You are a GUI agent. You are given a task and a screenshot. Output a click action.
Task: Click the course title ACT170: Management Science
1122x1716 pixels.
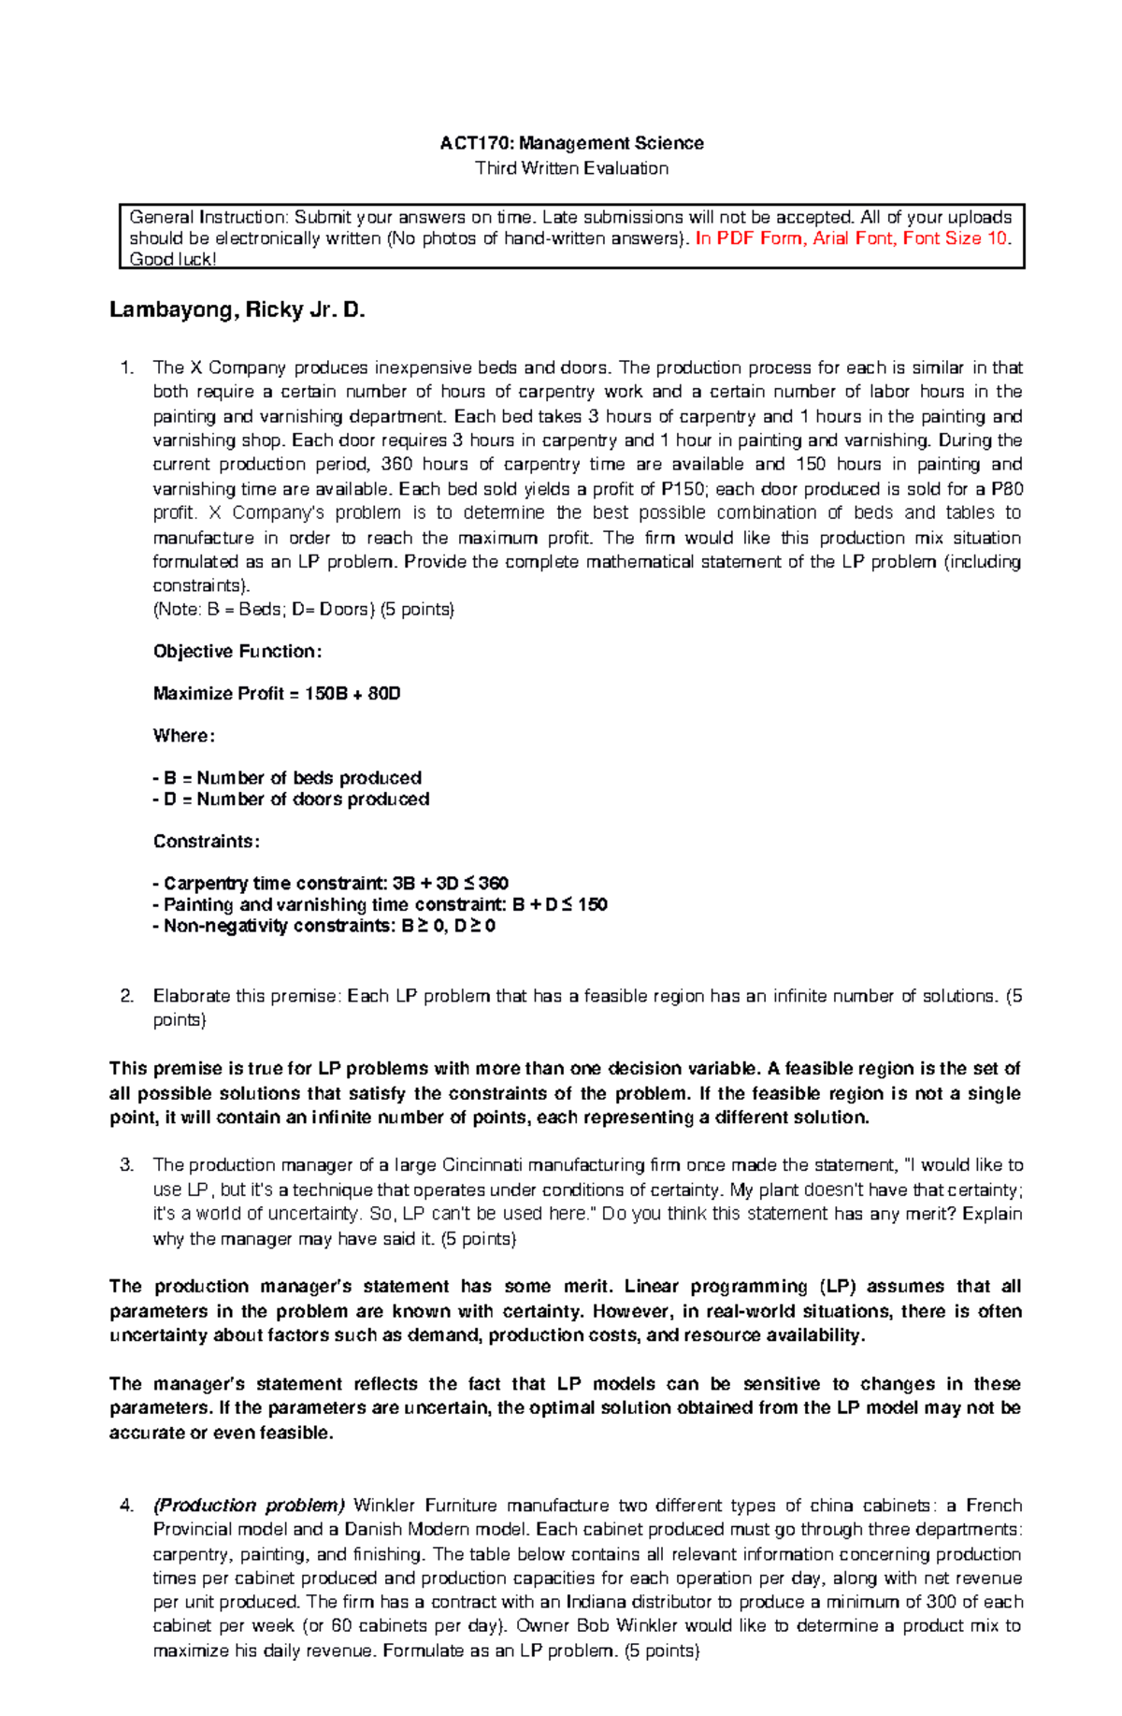(571, 143)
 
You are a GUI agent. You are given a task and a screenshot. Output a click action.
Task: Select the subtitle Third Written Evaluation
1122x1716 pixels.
(571, 168)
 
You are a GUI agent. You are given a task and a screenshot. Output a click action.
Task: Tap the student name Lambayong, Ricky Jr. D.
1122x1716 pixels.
(237, 310)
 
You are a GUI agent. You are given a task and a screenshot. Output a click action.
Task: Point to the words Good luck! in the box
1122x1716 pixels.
(173, 260)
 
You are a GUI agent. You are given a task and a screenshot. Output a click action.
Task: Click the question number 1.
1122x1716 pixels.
(127, 368)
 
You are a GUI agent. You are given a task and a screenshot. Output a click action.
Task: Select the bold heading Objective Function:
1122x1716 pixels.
(237, 652)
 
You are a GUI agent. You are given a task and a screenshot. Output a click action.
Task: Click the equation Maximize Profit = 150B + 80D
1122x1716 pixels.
(277, 694)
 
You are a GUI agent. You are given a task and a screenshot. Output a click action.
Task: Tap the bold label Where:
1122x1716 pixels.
(184, 736)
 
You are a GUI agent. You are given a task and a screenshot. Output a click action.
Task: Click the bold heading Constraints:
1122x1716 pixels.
(206, 842)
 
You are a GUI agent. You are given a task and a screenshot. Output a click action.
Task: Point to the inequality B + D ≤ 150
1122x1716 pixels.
(560, 905)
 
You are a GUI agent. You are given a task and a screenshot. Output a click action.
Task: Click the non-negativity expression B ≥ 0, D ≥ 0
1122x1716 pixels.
(449, 927)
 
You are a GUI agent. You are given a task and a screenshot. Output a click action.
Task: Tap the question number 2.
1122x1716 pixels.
(127, 996)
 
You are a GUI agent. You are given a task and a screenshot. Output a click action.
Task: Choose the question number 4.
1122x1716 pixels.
(127, 1506)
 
